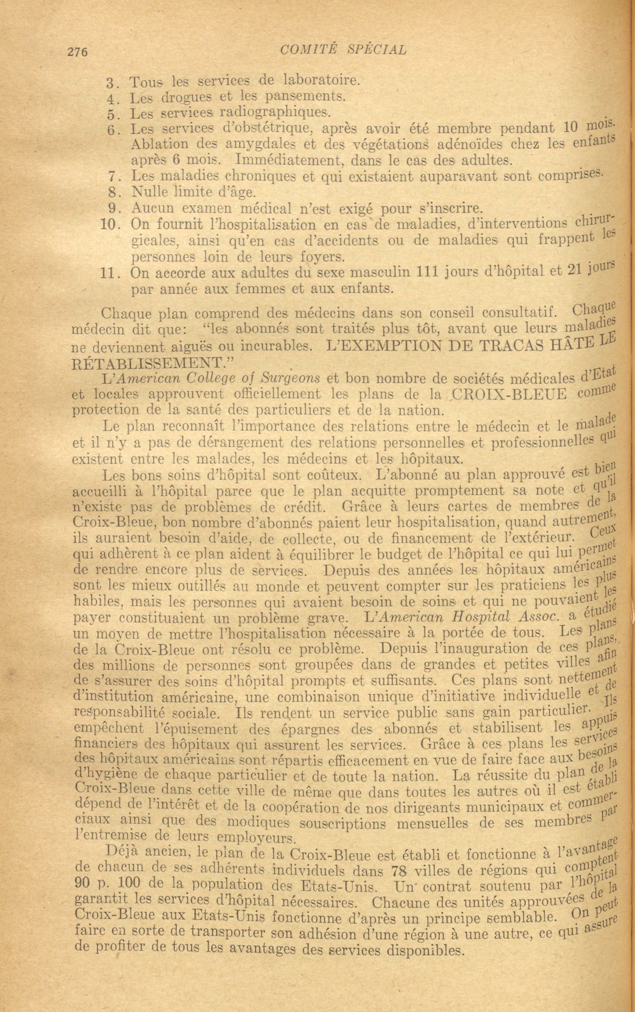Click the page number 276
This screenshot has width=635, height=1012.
[77, 52]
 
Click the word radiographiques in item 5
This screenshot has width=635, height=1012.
[275, 112]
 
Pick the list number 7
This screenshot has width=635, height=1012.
[112, 176]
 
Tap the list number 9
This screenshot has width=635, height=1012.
[112, 209]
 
